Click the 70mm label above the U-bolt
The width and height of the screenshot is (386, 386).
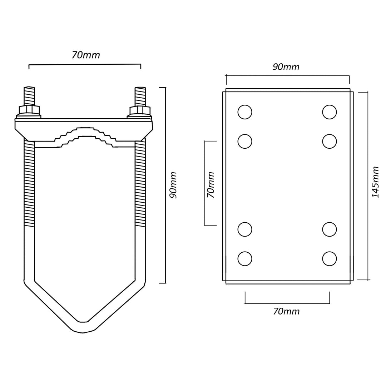click(86, 55)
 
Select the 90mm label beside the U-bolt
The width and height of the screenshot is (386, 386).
click(173, 185)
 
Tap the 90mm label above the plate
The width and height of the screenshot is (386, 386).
click(286, 67)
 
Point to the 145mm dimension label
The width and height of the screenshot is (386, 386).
click(375, 182)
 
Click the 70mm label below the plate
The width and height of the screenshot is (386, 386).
click(286, 311)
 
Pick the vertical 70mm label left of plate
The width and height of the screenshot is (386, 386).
click(211, 185)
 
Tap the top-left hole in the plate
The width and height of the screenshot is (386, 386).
click(245, 112)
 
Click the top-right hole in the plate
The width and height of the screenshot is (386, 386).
click(330, 112)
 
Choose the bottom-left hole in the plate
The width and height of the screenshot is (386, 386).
click(245, 259)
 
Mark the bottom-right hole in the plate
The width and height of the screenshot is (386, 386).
click(330, 259)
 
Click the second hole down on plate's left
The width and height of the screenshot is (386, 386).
click(245, 141)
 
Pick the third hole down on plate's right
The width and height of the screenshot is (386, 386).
click(330, 229)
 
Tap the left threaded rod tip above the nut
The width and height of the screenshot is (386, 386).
click(29, 96)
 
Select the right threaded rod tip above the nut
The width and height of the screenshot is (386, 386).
click(140, 96)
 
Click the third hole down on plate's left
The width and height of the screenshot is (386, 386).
click(245, 229)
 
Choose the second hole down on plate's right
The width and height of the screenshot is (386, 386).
click(330, 141)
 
